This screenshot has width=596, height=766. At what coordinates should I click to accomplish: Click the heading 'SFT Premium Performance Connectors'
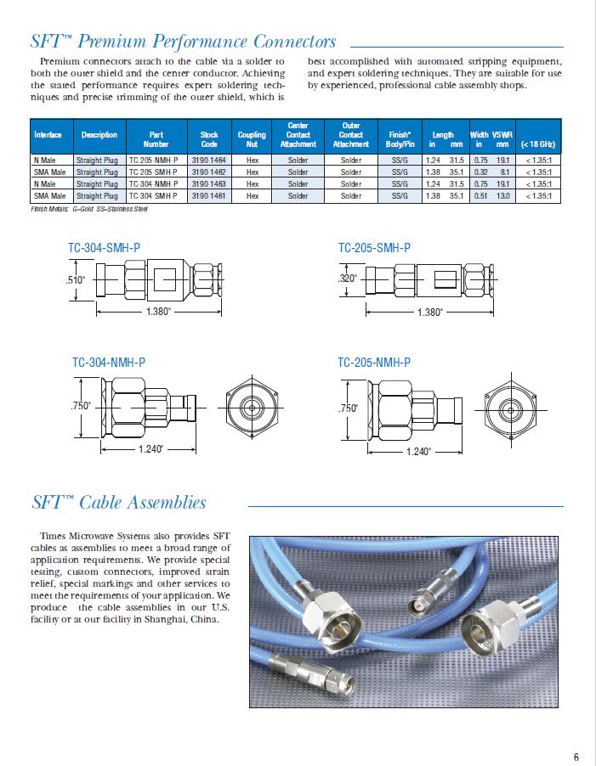[184, 41]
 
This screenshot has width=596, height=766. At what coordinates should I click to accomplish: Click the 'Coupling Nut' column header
[252, 134]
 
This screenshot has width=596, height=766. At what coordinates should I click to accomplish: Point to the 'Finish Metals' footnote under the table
[77, 209]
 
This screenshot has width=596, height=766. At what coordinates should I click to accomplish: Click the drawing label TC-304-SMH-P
[104, 249]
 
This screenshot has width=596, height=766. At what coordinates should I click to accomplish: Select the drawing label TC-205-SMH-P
[374, 248]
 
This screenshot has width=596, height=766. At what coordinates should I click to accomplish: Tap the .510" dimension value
[77, 280]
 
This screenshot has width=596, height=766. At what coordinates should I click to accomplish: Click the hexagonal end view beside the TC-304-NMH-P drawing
[252, 407]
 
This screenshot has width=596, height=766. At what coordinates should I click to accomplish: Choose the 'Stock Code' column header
[208, 134]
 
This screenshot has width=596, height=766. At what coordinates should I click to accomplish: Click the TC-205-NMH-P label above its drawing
[374, 362]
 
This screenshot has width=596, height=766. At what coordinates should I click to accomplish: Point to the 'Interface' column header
[48, 134]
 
